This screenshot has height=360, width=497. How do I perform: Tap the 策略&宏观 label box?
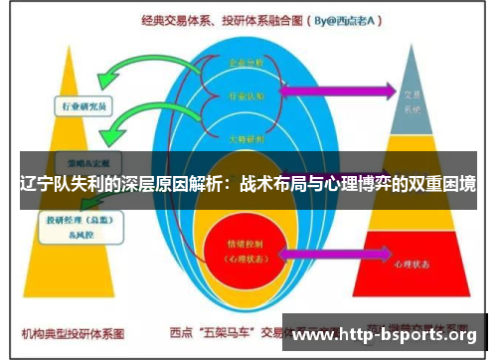[x=79, y=161]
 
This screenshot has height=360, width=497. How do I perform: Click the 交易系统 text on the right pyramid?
[x=412, y=100]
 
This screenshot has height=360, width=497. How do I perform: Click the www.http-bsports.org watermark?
[x=389, y=334]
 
